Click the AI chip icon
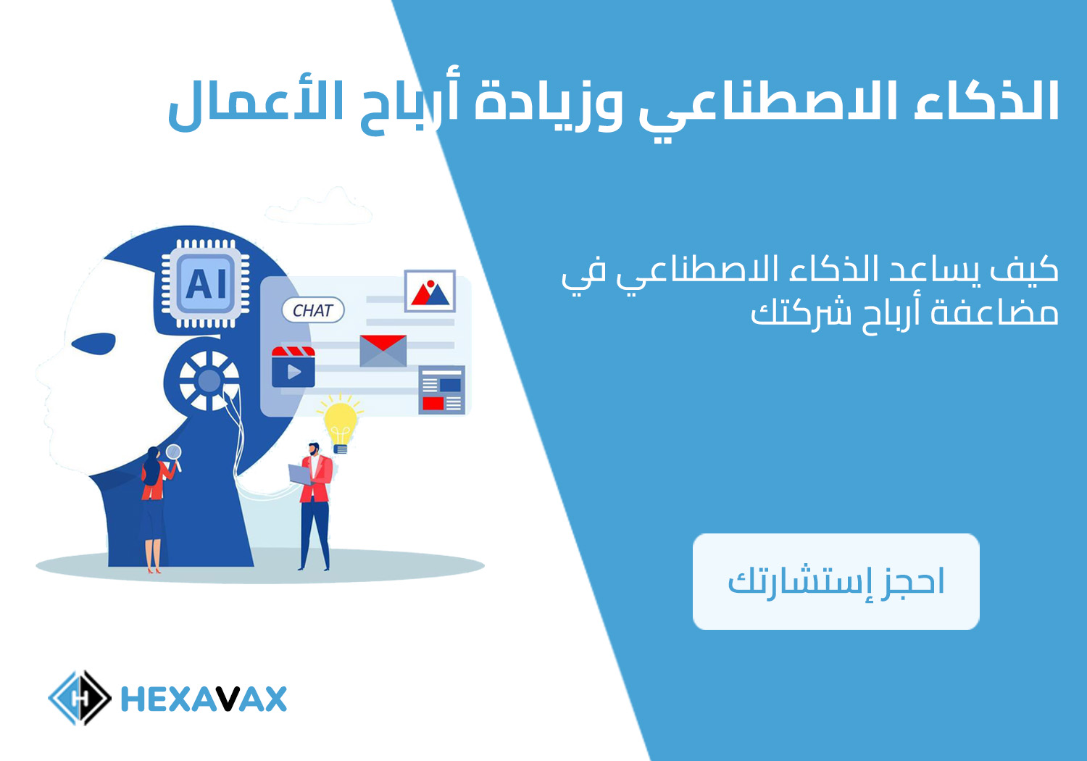pos(205,283)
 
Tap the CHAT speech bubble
pos(313,310)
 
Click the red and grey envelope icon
pos(383,350)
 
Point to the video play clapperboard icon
pos(293,367)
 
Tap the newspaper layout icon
pos(441,390)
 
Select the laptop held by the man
pos(301,475)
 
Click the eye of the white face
pos(93,344)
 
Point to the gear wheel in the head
pos(209,380)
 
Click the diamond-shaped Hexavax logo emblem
pos(80,698)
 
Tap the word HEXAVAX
pos(204,699)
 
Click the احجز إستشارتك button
pos(836,581)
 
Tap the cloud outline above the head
pos(318,208)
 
